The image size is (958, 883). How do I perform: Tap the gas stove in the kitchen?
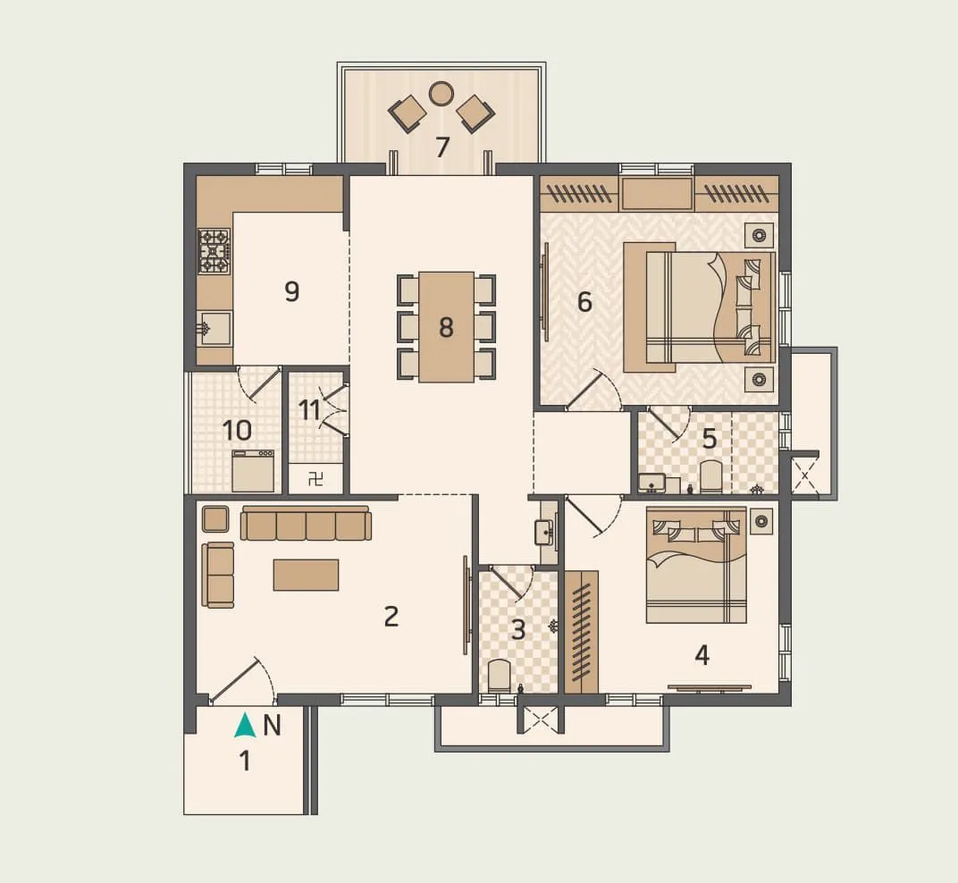point(214,251)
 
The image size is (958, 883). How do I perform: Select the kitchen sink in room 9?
point(214,328)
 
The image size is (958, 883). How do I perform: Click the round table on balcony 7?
point(441,93)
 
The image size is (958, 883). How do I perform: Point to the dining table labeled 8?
point(446,327)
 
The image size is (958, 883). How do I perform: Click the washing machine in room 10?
point(253,470)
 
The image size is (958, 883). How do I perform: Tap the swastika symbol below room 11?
point(315,479)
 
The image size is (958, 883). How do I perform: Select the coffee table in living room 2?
point(306,575)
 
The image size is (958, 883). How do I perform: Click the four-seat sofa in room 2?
point(306,525)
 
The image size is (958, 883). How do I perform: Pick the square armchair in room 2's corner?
point(215,519)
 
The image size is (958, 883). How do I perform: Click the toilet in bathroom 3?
point(500,676)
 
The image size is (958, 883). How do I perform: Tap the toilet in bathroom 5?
point(711,476)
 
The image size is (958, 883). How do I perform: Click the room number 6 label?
point(584,302)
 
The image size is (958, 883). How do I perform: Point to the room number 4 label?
point(702,655)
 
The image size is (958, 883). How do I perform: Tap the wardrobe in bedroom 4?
point(581,631)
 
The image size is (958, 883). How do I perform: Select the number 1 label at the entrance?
point(244,761)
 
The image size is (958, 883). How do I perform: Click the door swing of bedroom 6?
point(593,393)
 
